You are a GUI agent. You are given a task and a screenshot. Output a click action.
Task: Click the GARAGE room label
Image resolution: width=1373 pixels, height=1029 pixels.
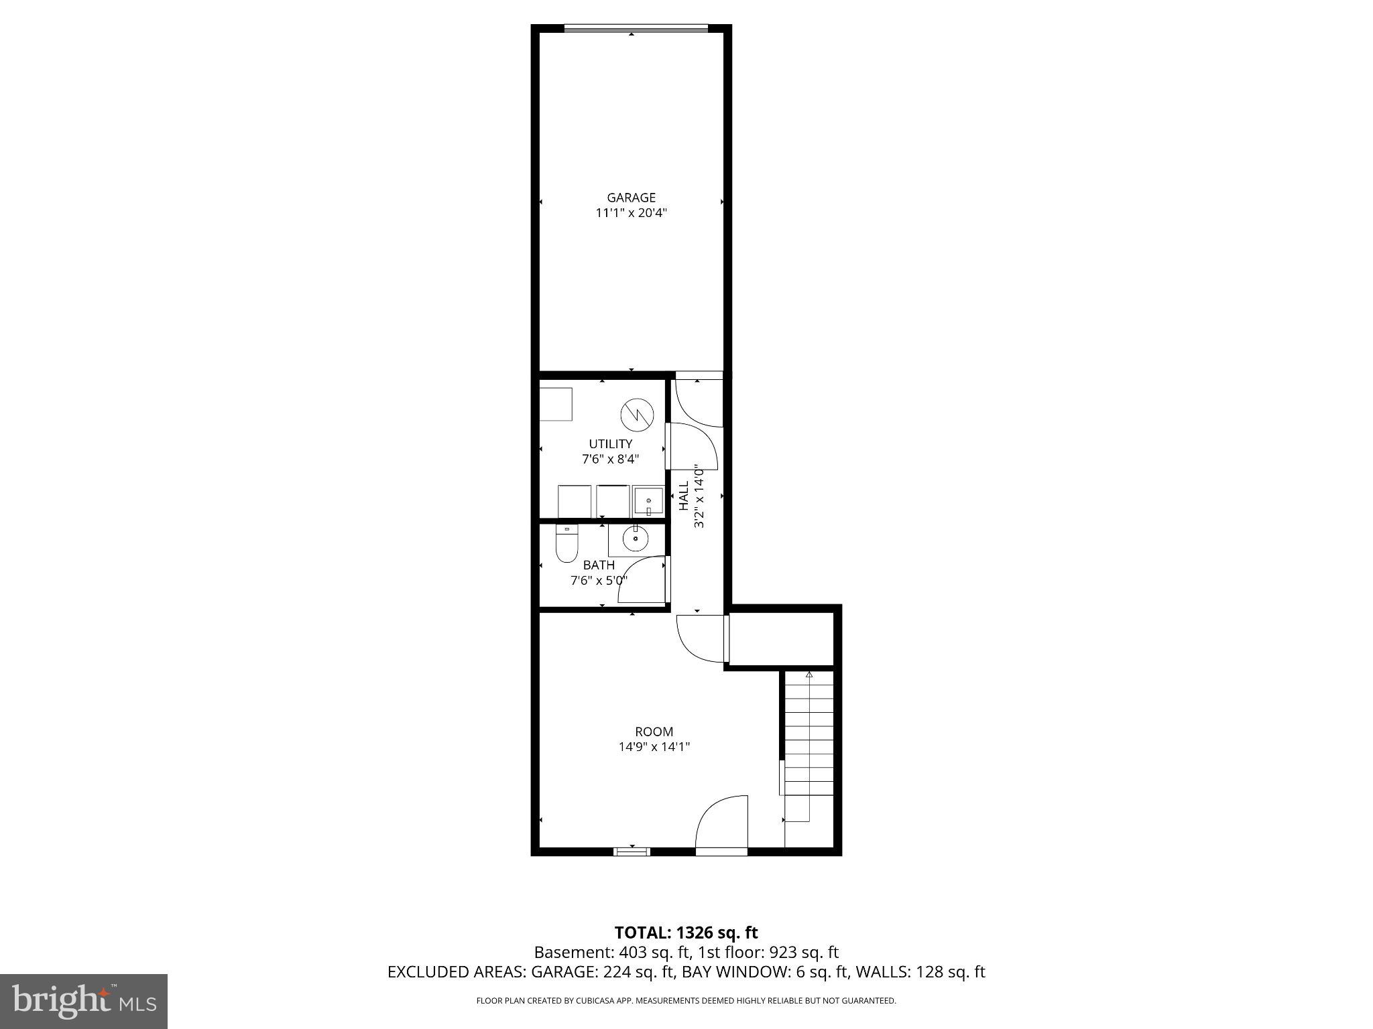(631, 198)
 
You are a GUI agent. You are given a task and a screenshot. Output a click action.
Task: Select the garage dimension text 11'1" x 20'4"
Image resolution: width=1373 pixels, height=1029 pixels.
(631, 214)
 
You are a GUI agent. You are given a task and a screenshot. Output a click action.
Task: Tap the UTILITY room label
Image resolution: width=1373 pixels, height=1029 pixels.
(610, 443)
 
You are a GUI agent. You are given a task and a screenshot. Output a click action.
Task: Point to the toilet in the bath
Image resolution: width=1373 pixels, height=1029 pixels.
(566, 543)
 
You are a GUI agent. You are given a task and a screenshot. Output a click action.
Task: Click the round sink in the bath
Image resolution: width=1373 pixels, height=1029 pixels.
(634, 538)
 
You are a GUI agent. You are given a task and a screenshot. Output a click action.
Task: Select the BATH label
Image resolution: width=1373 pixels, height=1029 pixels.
(599, 565)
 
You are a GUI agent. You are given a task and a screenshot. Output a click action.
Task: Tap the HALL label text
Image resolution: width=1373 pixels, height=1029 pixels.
(684, 496)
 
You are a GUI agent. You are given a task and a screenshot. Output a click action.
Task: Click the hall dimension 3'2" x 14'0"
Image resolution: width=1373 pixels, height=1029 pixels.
(699, 496)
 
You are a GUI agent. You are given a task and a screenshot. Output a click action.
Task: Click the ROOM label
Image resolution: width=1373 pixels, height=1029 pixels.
(654, 732)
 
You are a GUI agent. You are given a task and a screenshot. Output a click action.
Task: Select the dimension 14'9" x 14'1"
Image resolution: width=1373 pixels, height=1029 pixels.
(654, 747)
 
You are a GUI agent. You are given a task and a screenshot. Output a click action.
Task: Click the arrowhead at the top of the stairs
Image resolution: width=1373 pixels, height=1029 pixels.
(809, 674)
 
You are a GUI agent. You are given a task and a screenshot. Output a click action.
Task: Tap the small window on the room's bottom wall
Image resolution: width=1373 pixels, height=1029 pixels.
(632, 851)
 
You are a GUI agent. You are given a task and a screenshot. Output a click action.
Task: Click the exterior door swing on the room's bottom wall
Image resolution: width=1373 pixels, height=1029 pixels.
(723, 824)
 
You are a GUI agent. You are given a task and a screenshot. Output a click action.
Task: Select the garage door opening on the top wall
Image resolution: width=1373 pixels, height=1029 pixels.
(636, 28)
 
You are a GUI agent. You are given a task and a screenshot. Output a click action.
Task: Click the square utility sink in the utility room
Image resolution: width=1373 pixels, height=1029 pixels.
(648, 500)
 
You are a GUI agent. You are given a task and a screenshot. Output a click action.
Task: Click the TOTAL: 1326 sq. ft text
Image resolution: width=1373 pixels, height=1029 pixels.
(686, 933)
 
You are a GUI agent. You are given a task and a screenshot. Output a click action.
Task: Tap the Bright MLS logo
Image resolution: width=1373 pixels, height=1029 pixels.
(84, 1001)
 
